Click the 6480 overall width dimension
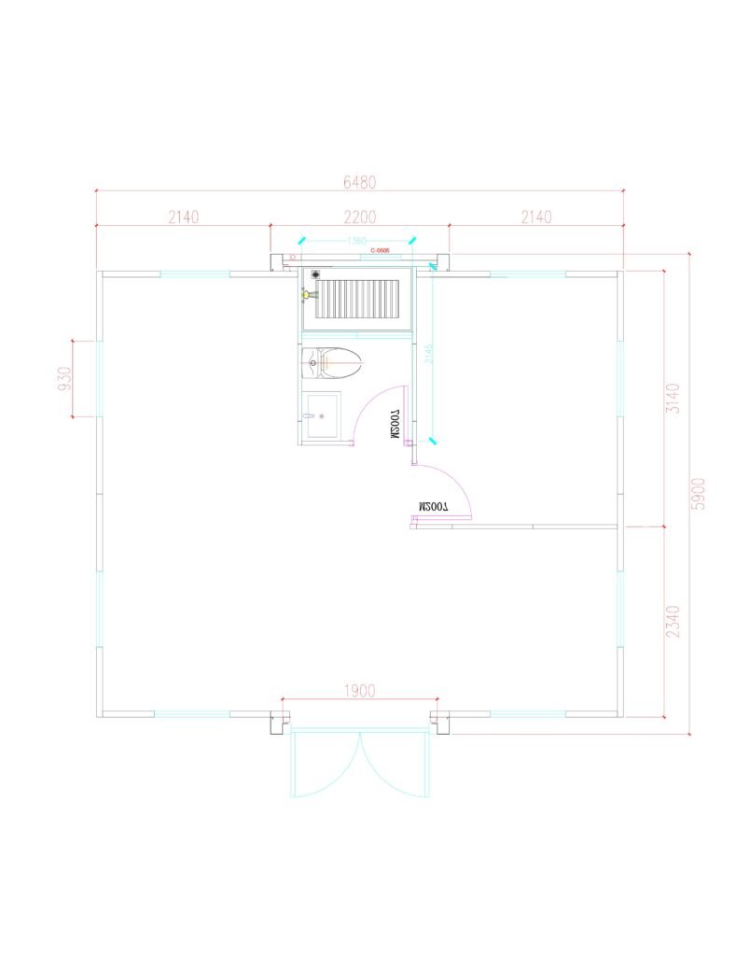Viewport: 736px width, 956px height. tap(359, 181)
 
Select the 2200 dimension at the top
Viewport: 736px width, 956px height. tap(359, 217)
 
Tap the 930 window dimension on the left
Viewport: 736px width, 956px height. tap(64, 378)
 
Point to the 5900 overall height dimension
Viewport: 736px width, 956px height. tap(699, 493)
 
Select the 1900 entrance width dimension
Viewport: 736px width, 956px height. tap(359, 691)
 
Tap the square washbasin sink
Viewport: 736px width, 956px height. tap(322, 415)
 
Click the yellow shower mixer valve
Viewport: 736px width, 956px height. tap(306, 294)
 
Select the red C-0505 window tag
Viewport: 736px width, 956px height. tap(379, 251)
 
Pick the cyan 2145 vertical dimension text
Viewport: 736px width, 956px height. tap(427, 353)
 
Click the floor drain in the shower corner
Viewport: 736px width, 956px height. tap(316, 274)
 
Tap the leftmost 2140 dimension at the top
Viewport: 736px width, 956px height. tap(183, 217)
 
